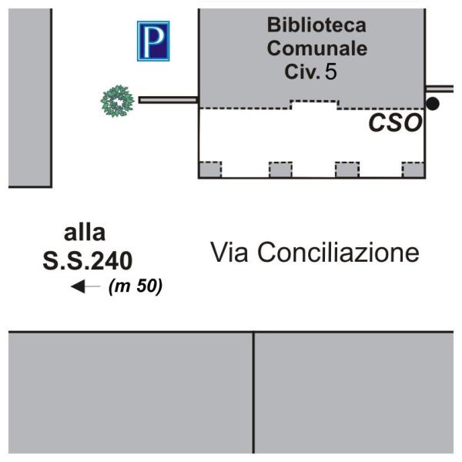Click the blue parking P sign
click(x=152, y=41)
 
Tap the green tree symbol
click(x=119, y=100)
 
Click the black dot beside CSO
click(x=433, y=103)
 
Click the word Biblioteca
click(x=316, y=25)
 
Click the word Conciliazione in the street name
click(x=338, y=252)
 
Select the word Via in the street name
click(x=229, y=252)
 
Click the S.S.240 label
click(x=89, y=260)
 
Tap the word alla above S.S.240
click(x=85, y=233)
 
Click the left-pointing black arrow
click(x=85, y=287)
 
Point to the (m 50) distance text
click(x=136, y=287)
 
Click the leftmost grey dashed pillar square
click(x=210, y=169)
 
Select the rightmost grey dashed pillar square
click(x=413, y=169)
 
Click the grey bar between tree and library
click(x=168, y=99)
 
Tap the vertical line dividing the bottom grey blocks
click(x=254, y=393)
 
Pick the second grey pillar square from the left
click(x=280, y=169)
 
